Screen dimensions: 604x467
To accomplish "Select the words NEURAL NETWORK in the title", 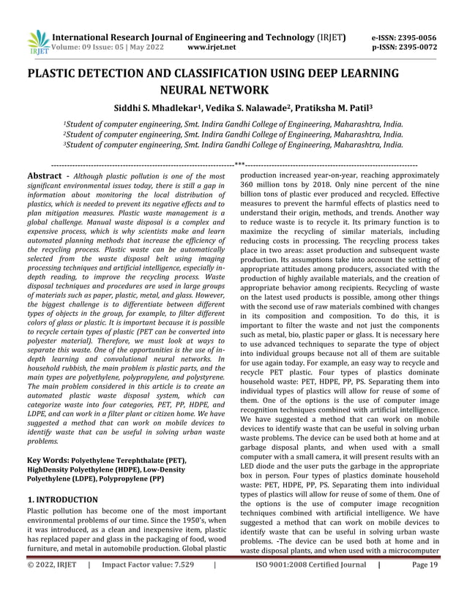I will point(233,91).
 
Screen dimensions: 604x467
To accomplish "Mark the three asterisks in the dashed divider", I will point(239,165).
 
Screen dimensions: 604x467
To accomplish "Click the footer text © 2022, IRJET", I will point(53,586).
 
